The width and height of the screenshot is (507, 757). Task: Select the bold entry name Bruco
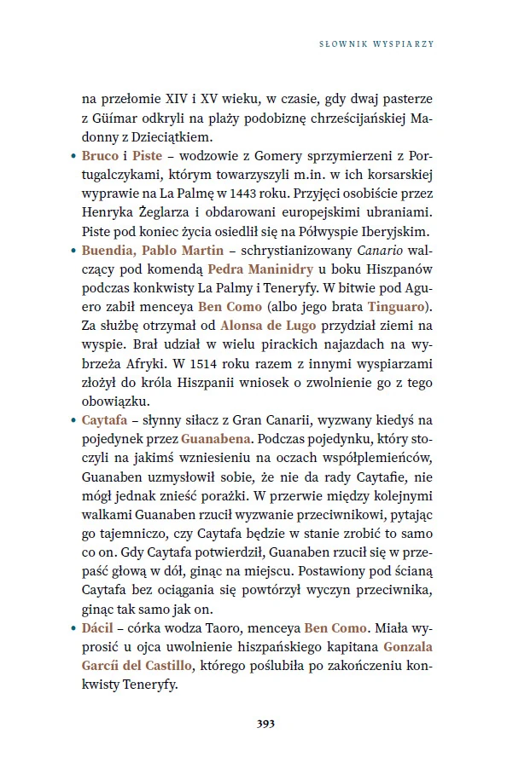101,157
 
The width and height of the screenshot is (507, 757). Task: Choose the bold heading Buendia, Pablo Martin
152,251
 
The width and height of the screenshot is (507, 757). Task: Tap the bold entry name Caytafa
105,419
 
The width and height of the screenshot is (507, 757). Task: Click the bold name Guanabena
215,438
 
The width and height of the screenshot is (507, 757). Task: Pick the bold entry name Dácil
98,626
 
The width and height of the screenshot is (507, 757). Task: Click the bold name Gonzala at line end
413,644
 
